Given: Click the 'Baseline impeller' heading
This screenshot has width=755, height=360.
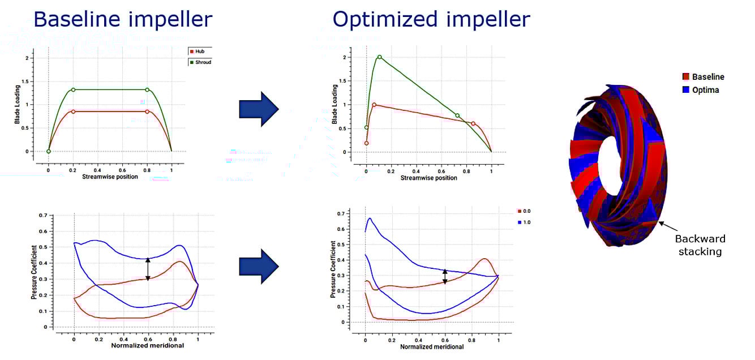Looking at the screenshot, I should pos(123,19).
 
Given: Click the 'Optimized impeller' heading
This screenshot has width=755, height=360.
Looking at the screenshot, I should pos(431,19).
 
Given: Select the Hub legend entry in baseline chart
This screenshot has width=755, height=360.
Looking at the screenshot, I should pos(199,51).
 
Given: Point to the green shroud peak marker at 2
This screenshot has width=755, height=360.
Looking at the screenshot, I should pos(379,57).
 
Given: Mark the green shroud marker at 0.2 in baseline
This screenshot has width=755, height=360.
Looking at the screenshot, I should pos(73,89).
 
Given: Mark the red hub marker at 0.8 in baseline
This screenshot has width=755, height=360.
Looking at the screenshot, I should pos(147,112).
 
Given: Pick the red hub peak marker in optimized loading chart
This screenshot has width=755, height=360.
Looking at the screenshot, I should pos(374,105).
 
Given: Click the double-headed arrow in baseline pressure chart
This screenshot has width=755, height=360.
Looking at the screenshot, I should pos(148,269).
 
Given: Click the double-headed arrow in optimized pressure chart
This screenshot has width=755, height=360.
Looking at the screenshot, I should pos(445,276).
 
